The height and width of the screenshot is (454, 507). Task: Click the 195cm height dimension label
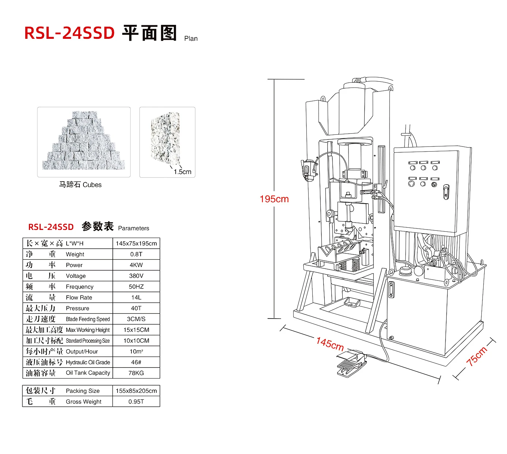coord(274,199)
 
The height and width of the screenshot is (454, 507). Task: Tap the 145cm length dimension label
coord(330,344)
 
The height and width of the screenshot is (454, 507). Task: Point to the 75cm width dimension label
coord(477,356)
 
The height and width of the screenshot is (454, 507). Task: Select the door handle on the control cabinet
coord(446,192)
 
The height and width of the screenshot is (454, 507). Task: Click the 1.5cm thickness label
coord(182,172)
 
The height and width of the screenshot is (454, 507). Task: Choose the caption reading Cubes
coord(92,185)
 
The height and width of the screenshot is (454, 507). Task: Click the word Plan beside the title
coord(191,38)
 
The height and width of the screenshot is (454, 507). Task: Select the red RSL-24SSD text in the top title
coord(69,33)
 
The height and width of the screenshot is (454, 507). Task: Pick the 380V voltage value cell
coord(136,276)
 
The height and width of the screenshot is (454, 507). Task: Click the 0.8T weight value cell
coord(136,254)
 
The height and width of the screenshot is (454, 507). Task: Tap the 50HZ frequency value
coord(136,287)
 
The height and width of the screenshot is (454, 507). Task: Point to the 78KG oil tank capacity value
coord(136,373)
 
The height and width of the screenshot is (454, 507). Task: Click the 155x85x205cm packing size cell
coord(136,391)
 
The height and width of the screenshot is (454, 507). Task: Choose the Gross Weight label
coord(83,401)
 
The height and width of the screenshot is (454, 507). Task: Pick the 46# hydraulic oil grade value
coord(136,362)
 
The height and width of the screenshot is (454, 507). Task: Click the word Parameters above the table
coord(134,228)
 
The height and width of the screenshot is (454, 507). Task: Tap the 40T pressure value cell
coord(136,308)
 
